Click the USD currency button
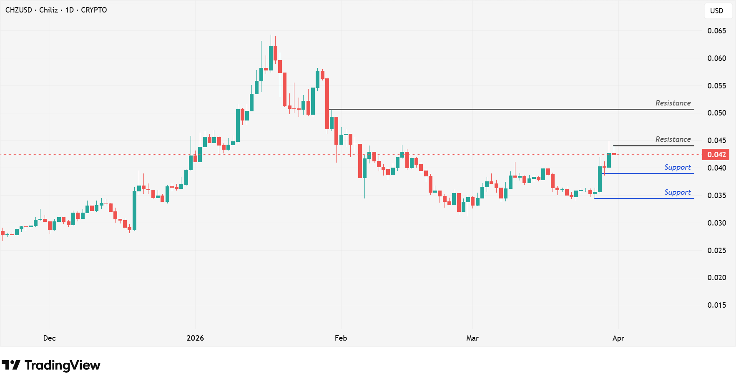pos(716,11)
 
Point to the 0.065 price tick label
pos(716,31)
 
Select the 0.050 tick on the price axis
pos(716,113)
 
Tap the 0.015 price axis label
pos(716,305)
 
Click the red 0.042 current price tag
pos(716,155)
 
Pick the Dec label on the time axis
pos(49,338)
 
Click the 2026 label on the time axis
pos(195,338)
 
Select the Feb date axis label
pos(341,338)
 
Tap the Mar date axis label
pos(472,338)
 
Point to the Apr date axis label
pos(618,338)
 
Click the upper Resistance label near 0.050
pos(673,103)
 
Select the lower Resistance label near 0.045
pos(673,139)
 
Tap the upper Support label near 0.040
pos(678,167)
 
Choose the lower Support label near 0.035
pos(678,192)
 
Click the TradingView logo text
pos(62,366)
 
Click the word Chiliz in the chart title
pos(48,10)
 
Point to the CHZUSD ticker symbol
pos(18,10)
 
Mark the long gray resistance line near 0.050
pos(500,109)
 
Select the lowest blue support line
pos(644,198)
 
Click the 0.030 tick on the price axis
pos(716,223)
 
